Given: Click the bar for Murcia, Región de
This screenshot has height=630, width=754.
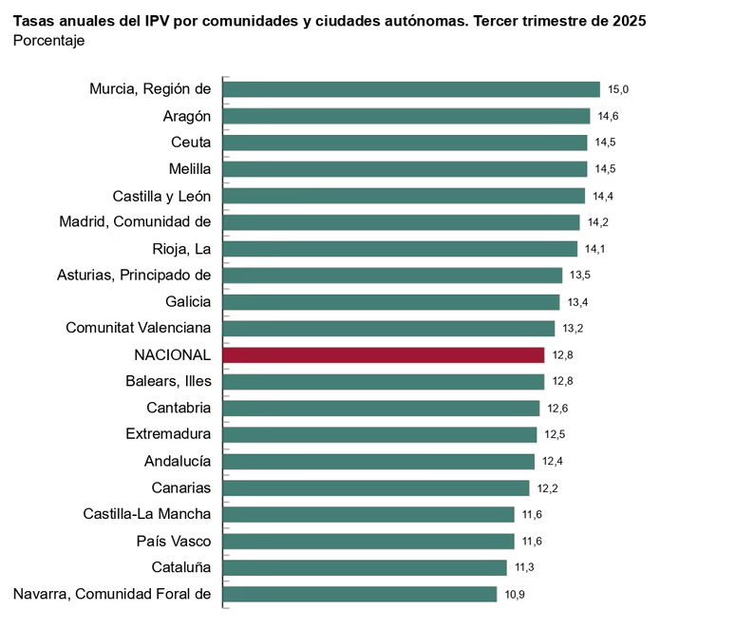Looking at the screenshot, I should coord(410,89).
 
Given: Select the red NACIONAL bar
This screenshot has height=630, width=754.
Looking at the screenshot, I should coord(383,355).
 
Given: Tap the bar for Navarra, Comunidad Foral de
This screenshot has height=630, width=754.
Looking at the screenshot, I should coord(359,594).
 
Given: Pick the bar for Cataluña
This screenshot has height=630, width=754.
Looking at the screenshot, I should coord(364,567).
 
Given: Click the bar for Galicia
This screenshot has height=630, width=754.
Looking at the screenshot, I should coord(390,302).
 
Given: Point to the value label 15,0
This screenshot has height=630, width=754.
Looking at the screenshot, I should coord(619,89).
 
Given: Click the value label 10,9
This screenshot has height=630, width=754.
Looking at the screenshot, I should coord(516,595).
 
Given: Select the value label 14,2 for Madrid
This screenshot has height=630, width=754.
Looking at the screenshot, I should coord(598,222).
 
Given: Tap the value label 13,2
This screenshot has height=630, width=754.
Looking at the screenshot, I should coord(574,329).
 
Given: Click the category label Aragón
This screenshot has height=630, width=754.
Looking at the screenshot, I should coord(187,116).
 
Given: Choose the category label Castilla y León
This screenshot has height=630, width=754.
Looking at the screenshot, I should coord(161,196).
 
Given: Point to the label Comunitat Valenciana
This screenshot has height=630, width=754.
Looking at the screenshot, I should coord(138,328).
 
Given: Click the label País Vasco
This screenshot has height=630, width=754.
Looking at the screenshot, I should coord(174,541).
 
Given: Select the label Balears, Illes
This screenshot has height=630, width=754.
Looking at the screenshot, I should coord(168,381).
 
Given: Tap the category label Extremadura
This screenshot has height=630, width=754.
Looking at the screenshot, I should coord(168,434).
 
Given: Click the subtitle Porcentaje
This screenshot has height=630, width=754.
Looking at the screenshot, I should coord(48,40).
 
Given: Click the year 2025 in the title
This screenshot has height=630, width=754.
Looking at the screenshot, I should coord(628,20).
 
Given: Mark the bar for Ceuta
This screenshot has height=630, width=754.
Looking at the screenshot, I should coord(405,143).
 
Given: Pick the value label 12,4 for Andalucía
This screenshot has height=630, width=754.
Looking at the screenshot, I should coord(553,462).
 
